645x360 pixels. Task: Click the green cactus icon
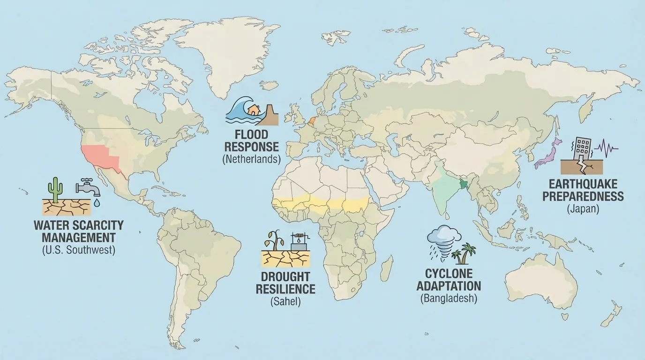(x=55, y=188)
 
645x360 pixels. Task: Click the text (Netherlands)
(x=251, y=159)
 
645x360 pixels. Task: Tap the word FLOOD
(x=251, y=135)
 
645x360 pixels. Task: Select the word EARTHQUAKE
(x=583, y=184)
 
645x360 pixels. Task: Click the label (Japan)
(x=583, y=209)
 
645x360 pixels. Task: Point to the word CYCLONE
(x=449, y=273)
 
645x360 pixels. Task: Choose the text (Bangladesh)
(x=449, y=298)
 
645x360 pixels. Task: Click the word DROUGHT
(x=285, y=276)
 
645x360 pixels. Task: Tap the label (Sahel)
(x=285, y=301)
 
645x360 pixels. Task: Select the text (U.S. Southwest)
(x=78, y=250)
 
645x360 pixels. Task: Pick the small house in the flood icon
(x=254, y=110)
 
